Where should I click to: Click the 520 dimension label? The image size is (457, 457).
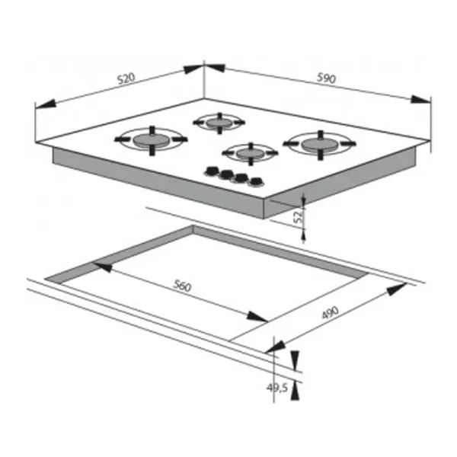[x=126, y=78]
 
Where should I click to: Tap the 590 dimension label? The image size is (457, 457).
[x=327, y=78]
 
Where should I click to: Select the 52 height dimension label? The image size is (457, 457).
[x=298, y=217]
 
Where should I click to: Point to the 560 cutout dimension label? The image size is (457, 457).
[x=183, y=286]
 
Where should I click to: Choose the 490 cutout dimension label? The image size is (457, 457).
[x=331, y=313]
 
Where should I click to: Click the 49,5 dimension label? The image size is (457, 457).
[x=277, y=388]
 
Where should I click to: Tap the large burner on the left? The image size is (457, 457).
[x=151, y=140]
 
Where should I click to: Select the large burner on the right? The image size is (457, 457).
[x=320, y=145]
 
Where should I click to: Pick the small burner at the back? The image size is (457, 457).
[x=219, y=123]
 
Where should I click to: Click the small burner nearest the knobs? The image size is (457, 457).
[x=250, y=153]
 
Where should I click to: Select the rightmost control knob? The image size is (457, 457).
[x=257, y=182]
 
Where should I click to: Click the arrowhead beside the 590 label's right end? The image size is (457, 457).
[x=420, y=99]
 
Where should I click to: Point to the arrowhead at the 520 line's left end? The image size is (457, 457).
[x=45, y=104]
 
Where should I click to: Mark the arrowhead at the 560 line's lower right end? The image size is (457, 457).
[x=257, y=317]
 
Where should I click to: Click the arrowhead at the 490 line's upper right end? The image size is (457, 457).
[x=397, y=289]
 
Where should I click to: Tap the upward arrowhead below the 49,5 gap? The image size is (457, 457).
[x=295, y=391]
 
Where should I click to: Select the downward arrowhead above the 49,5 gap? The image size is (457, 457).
[x=295, y=360]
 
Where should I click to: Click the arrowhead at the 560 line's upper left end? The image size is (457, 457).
[x=103, y=267]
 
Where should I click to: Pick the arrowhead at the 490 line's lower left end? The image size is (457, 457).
[x=275, y=347]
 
